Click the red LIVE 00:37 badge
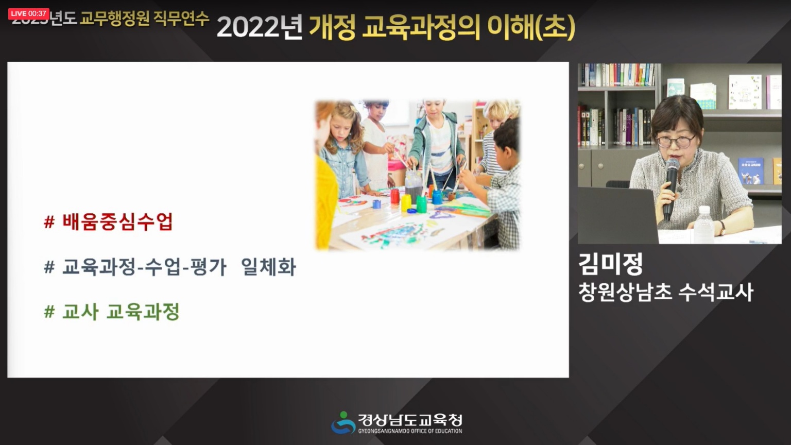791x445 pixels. [29, 13]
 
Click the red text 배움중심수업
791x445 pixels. [117, 222]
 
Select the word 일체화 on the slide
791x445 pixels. [268, 267]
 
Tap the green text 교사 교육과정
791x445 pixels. [121, 312]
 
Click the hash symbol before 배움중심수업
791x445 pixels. [49, 222]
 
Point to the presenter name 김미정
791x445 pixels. [611, 264]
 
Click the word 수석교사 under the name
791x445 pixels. [716, 292]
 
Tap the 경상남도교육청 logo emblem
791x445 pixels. [342, 423]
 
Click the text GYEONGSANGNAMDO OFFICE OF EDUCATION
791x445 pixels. [410, 431]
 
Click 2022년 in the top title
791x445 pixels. [260, 27]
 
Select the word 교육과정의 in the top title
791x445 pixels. [421, 27]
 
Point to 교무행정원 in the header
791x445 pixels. [114, 19]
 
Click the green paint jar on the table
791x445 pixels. [421, 204]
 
